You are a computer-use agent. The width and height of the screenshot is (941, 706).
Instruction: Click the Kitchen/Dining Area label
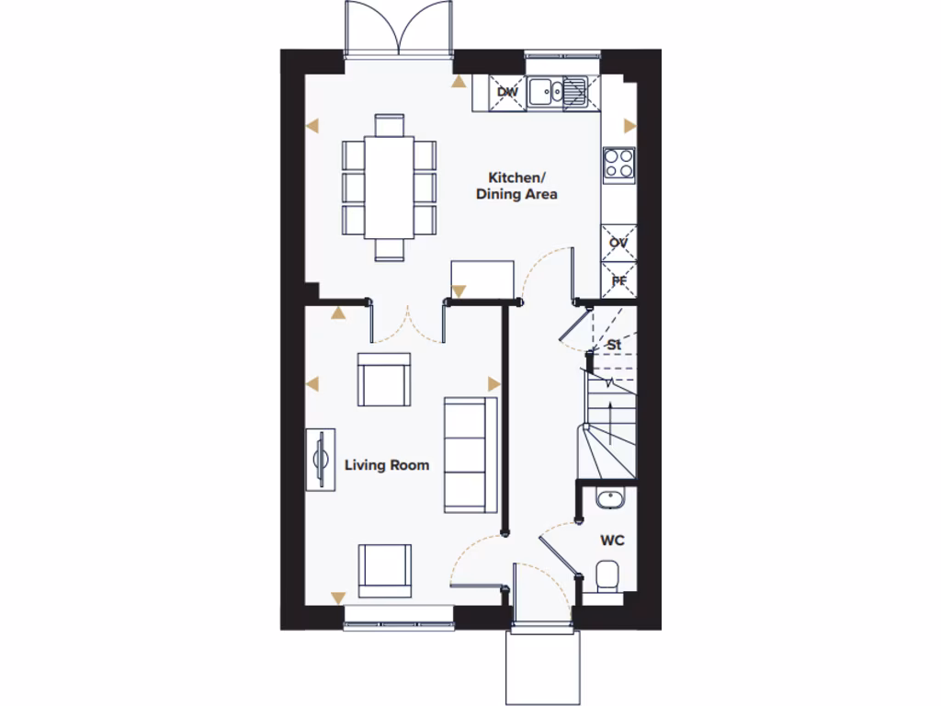point(516,186)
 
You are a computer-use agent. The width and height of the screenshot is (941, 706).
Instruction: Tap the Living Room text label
point(387,465)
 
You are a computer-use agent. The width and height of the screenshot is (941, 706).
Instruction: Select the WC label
point(612,541)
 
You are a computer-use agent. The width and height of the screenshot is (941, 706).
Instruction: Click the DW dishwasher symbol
point(506,92)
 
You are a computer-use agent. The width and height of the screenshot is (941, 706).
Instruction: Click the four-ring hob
point(618,164)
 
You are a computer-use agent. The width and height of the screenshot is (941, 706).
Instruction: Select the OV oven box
point(618,243)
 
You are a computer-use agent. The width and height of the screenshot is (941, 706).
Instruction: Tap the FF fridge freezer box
point(618,279)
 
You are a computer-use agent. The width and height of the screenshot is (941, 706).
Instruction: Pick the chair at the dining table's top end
point(389,124)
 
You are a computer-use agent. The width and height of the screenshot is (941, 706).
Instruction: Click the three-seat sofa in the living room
point(470,454)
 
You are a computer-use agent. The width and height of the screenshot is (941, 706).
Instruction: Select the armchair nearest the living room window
point(385,570)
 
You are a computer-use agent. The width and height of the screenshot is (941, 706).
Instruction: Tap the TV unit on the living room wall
point(321,460)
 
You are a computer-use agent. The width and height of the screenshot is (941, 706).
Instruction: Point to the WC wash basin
point(607,499)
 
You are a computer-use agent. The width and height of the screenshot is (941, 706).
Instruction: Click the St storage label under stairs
point(616,345)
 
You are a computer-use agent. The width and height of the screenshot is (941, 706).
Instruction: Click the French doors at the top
point(399,28)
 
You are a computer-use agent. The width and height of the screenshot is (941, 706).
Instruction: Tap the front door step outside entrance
point(542,666)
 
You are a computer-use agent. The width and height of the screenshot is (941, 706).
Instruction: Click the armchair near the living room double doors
point(384,380)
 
